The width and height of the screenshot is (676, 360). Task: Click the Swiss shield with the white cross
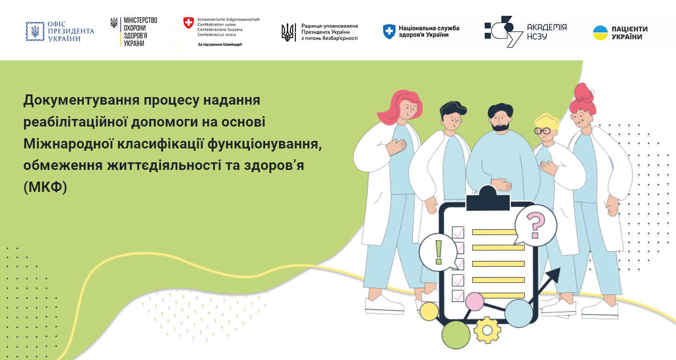[x=189, y=23]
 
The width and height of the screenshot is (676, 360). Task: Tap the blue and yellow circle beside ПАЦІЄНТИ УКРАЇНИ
[x=600, y=33]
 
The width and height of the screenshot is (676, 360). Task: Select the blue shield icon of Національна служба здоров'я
[x=389, y=32]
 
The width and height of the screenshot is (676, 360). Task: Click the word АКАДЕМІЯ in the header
[x=547, y=27]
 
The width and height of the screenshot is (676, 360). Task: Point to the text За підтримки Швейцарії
[x=220, y=44]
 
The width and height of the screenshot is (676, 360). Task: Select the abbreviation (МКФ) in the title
[x=45, y=187]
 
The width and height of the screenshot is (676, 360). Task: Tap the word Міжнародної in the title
[x=68, y=144]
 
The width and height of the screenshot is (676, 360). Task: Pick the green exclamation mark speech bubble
[x=438, y=252]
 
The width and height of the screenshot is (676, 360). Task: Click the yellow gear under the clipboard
[x=487, y=330]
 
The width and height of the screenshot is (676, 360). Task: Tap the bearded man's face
[x=500, y=120]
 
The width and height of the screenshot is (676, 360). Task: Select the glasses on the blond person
[x=543, y=131]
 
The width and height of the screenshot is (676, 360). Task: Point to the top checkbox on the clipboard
[x=458, y=233]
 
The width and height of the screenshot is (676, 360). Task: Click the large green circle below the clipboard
[x=456, y=335]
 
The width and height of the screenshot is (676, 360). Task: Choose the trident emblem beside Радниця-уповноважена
[x=289, y=32]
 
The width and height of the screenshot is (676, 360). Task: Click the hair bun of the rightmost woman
[x=584, y=92]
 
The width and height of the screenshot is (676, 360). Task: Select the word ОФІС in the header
[x=56, y=24]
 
